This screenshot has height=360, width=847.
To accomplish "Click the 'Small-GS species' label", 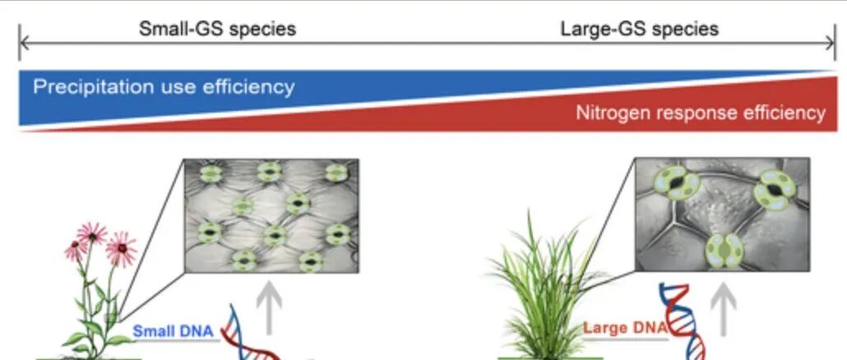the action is [x=216, y=30].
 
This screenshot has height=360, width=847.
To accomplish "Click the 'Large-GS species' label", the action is [x=639, y=30].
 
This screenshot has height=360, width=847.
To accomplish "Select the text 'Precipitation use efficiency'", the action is [x=164, y=86].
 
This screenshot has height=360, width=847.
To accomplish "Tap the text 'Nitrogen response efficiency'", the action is [x=700, y=113].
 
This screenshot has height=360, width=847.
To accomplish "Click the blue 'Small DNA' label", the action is [x=174, y=332].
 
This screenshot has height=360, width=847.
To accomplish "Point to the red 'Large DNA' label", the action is [x=623, y=329].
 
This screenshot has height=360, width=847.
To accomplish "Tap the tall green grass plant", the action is [x=539, y=288].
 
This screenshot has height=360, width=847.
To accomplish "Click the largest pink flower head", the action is [x=122, y=247].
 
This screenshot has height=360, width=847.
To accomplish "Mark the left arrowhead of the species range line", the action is [x=21, y=42].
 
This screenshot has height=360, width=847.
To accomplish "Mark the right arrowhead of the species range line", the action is [x=834, y=42].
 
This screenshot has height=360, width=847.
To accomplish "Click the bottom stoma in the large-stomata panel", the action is [x=724, y=248].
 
